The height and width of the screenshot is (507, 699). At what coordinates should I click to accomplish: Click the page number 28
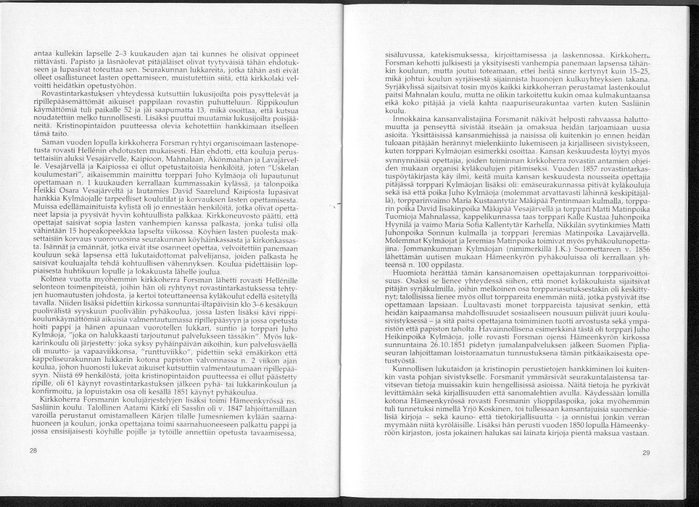(x=33, y=451)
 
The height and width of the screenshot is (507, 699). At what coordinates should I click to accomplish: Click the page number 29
(x=646, y=452)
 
